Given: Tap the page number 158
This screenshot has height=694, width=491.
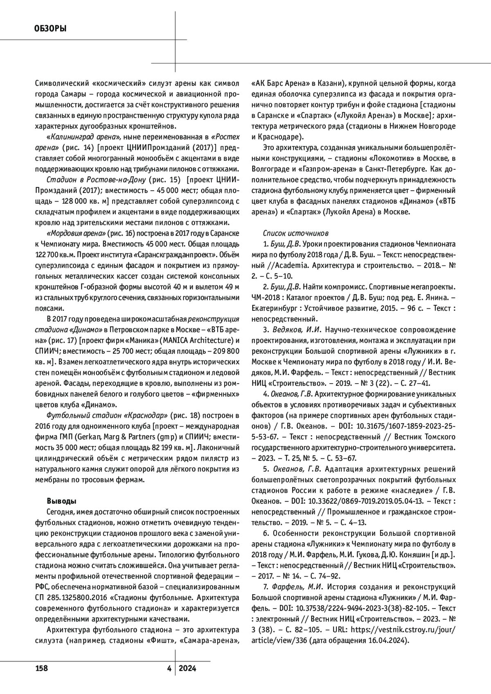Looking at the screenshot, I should click(41, 668).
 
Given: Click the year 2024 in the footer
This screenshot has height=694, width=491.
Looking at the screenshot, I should click(187, 668).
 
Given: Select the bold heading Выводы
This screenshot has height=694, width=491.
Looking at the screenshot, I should click(61, 501).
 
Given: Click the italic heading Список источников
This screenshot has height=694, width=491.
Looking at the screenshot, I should click(295, 234).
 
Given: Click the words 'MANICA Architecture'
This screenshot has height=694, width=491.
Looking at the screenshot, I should click(197, 341).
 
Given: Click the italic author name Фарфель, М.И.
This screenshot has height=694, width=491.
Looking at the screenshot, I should click(290, 587).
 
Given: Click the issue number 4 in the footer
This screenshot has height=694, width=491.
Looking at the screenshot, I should click(169, 668).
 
